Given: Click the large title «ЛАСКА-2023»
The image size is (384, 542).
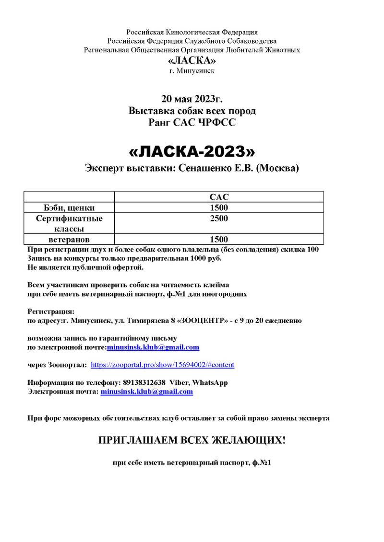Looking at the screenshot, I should pos(192,151).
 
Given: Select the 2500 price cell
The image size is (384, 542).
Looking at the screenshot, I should pos(219,219).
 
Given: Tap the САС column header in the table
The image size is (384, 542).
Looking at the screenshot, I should pos(219,197).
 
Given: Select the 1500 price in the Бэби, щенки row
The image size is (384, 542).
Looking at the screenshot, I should pos(219,208).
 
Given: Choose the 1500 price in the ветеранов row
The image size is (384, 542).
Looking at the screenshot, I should pos(219,239).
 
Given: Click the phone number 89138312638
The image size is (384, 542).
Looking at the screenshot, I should pos(144,382).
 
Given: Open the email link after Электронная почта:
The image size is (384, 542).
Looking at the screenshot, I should pos(146,392).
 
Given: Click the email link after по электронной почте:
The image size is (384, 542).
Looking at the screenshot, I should pos(153,347).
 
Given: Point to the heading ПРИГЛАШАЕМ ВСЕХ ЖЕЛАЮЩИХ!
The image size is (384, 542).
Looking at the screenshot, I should pos(192,440).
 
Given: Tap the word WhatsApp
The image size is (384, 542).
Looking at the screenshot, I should pos(210,382).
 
